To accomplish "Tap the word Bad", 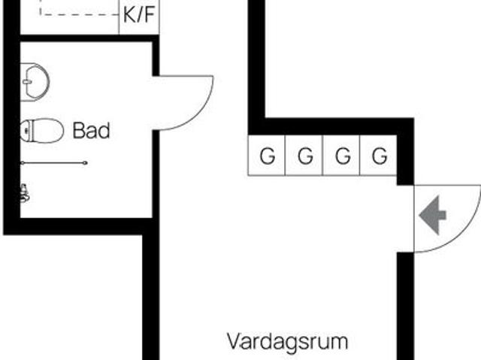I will click(x=92, y=131).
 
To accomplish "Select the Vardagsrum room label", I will click(x=288, y=342).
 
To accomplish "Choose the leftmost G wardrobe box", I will click(x=267, y=156).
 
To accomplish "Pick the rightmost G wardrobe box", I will click(x=380, y=156).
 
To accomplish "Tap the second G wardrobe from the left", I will click(x=304, y=156).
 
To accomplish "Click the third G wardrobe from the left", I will click(x=342, y=156).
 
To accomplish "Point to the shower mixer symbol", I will click(x=25, y=194).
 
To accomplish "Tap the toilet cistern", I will click(x=26, y=131).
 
